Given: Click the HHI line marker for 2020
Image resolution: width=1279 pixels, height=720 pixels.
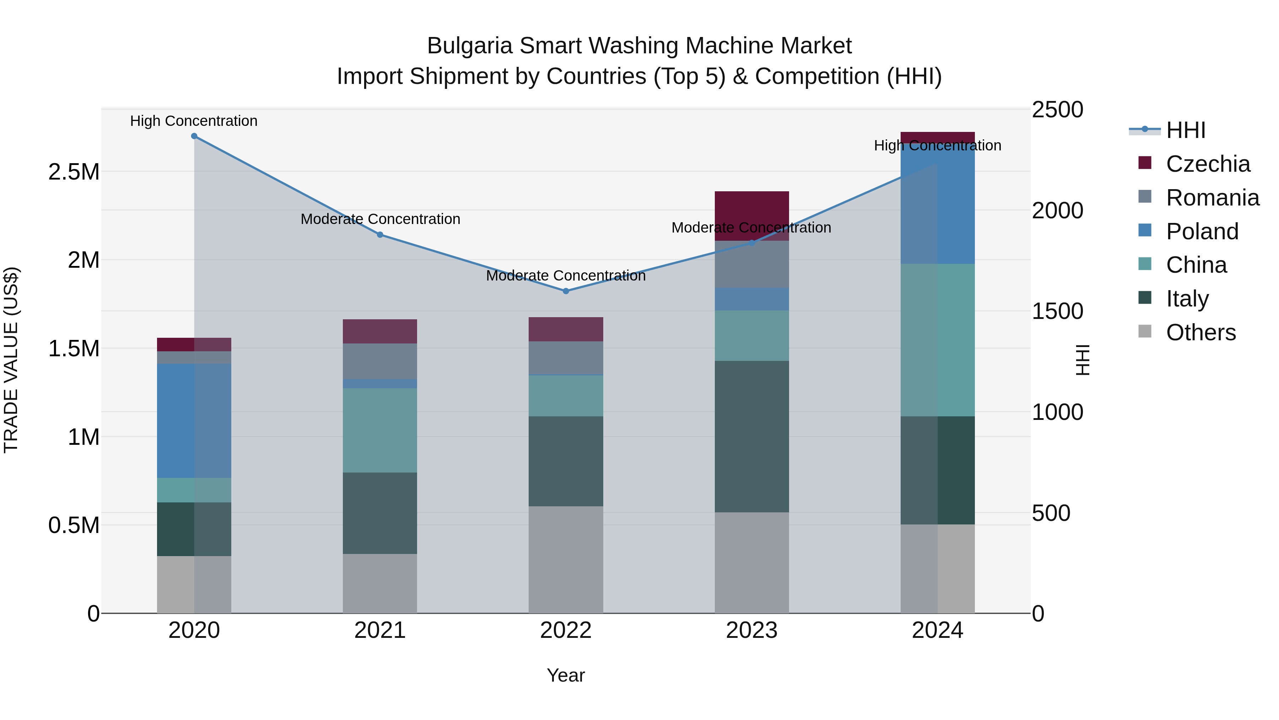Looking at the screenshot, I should tap(194, 136).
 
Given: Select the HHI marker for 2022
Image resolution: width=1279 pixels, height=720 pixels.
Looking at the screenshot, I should tap(566, 291).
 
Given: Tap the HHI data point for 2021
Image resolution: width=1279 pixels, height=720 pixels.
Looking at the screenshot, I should tap(380, 235).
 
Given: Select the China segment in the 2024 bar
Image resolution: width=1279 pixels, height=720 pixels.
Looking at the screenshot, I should tap(938, 340).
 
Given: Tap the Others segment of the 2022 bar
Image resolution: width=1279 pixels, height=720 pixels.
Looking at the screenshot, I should tap(566, 560).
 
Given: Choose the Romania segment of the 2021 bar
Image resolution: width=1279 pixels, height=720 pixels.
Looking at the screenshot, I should tap(380, 361).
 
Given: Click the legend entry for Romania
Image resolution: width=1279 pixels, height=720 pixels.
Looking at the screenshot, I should tap(1212, 198).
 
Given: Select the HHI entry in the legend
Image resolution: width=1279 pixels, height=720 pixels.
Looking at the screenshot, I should tap(1185, 130).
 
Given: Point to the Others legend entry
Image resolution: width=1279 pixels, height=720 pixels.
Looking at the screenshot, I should tap(1200, 332).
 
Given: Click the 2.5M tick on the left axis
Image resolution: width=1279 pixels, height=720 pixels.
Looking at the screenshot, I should tap(74, 172).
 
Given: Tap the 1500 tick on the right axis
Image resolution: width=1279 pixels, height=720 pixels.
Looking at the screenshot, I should tap(1057, 311).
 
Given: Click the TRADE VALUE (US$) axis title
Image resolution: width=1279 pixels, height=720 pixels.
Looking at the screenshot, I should tap(11, 360).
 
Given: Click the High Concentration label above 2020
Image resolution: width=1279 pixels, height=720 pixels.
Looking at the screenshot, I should tap(194, 121).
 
